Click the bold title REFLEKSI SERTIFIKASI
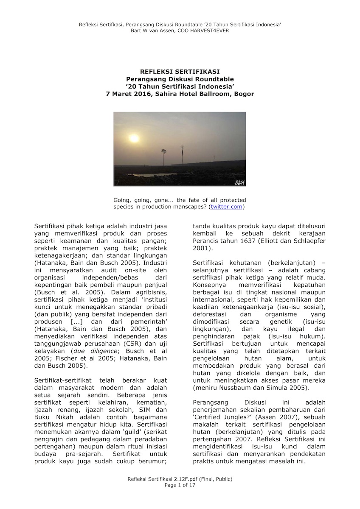[180, 72]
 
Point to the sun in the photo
[134, 138]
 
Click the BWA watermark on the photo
[239, 182]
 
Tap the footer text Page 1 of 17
[180, 485]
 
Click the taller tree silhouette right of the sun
[182, 155]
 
